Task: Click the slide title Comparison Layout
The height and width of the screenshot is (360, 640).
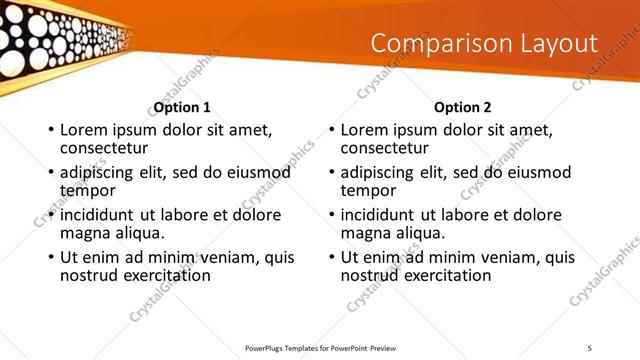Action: click(x=484, y=44)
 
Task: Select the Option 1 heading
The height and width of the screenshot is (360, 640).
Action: click(x=182, y=107)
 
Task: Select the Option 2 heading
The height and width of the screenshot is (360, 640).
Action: click(x=463, y=107)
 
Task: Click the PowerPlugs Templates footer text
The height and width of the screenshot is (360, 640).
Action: click(x=330, y=347)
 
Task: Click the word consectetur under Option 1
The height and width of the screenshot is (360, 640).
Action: click(x=103, y=147)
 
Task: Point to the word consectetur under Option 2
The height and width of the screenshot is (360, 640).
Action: click(x=383, y=147)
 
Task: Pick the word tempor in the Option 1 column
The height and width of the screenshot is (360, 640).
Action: click(x=88, y=190)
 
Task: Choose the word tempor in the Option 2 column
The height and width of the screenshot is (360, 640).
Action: click(x=368, y=190)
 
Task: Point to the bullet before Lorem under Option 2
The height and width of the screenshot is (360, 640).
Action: click(x=330, y=131)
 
